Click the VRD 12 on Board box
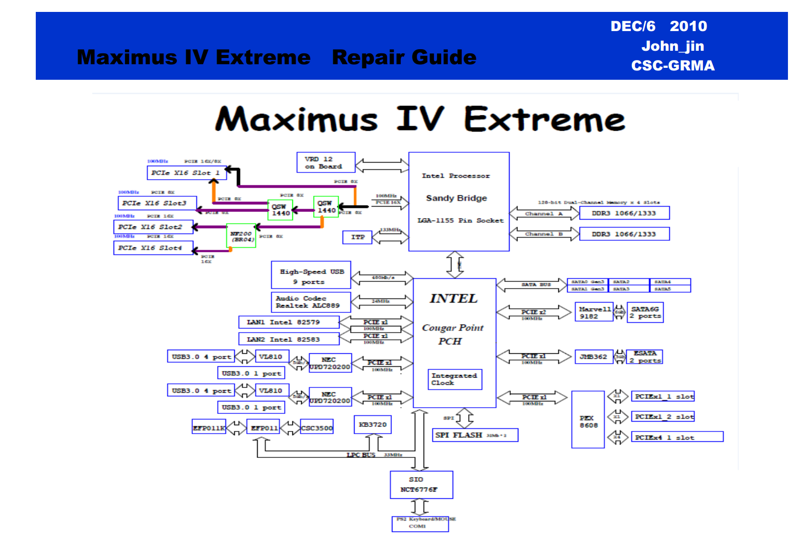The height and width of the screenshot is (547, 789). click(326, 162)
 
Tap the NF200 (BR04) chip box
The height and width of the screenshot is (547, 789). click(242, 236)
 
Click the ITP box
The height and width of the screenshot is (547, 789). click(358, 237)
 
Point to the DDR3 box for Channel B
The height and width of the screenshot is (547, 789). click(624, 234)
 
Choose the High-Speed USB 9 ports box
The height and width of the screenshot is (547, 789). click(311, 275)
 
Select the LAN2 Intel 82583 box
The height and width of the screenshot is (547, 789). click(289, 339)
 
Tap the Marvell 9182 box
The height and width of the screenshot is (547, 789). click(594, 312)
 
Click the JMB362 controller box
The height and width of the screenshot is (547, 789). click(594, 357)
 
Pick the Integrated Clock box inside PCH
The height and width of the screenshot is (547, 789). click(455, 379)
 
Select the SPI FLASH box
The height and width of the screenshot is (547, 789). click(475, 435)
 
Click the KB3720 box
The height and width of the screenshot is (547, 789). click(373, 425)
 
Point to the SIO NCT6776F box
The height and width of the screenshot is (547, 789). click(421, 485)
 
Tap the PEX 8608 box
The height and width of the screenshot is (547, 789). click(588, 420)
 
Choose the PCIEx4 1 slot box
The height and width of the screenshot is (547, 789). click(677, 437)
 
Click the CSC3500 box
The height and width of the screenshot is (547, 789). click(317, 428)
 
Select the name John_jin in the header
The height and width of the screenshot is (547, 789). click(672, 46)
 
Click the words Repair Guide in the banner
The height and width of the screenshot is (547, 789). click(404, 57)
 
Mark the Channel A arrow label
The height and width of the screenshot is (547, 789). click(544, 213)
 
